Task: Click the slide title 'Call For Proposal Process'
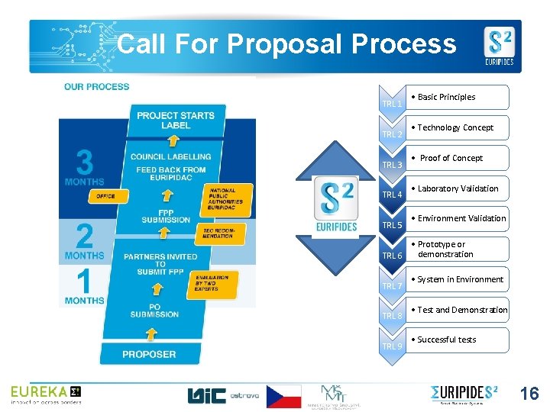286,44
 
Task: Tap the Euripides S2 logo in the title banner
499,47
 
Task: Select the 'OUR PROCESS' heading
97,87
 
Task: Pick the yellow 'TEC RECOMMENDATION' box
218,231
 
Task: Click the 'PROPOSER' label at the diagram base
149,354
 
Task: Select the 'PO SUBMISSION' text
154,310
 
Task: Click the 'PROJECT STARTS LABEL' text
176,121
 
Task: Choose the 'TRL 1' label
392,104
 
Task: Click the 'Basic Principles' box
458,97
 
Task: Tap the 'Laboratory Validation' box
458,188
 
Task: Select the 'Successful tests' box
458,340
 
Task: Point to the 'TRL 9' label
392,346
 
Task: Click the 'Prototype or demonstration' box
458,249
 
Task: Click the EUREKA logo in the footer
45,394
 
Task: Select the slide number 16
529,394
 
